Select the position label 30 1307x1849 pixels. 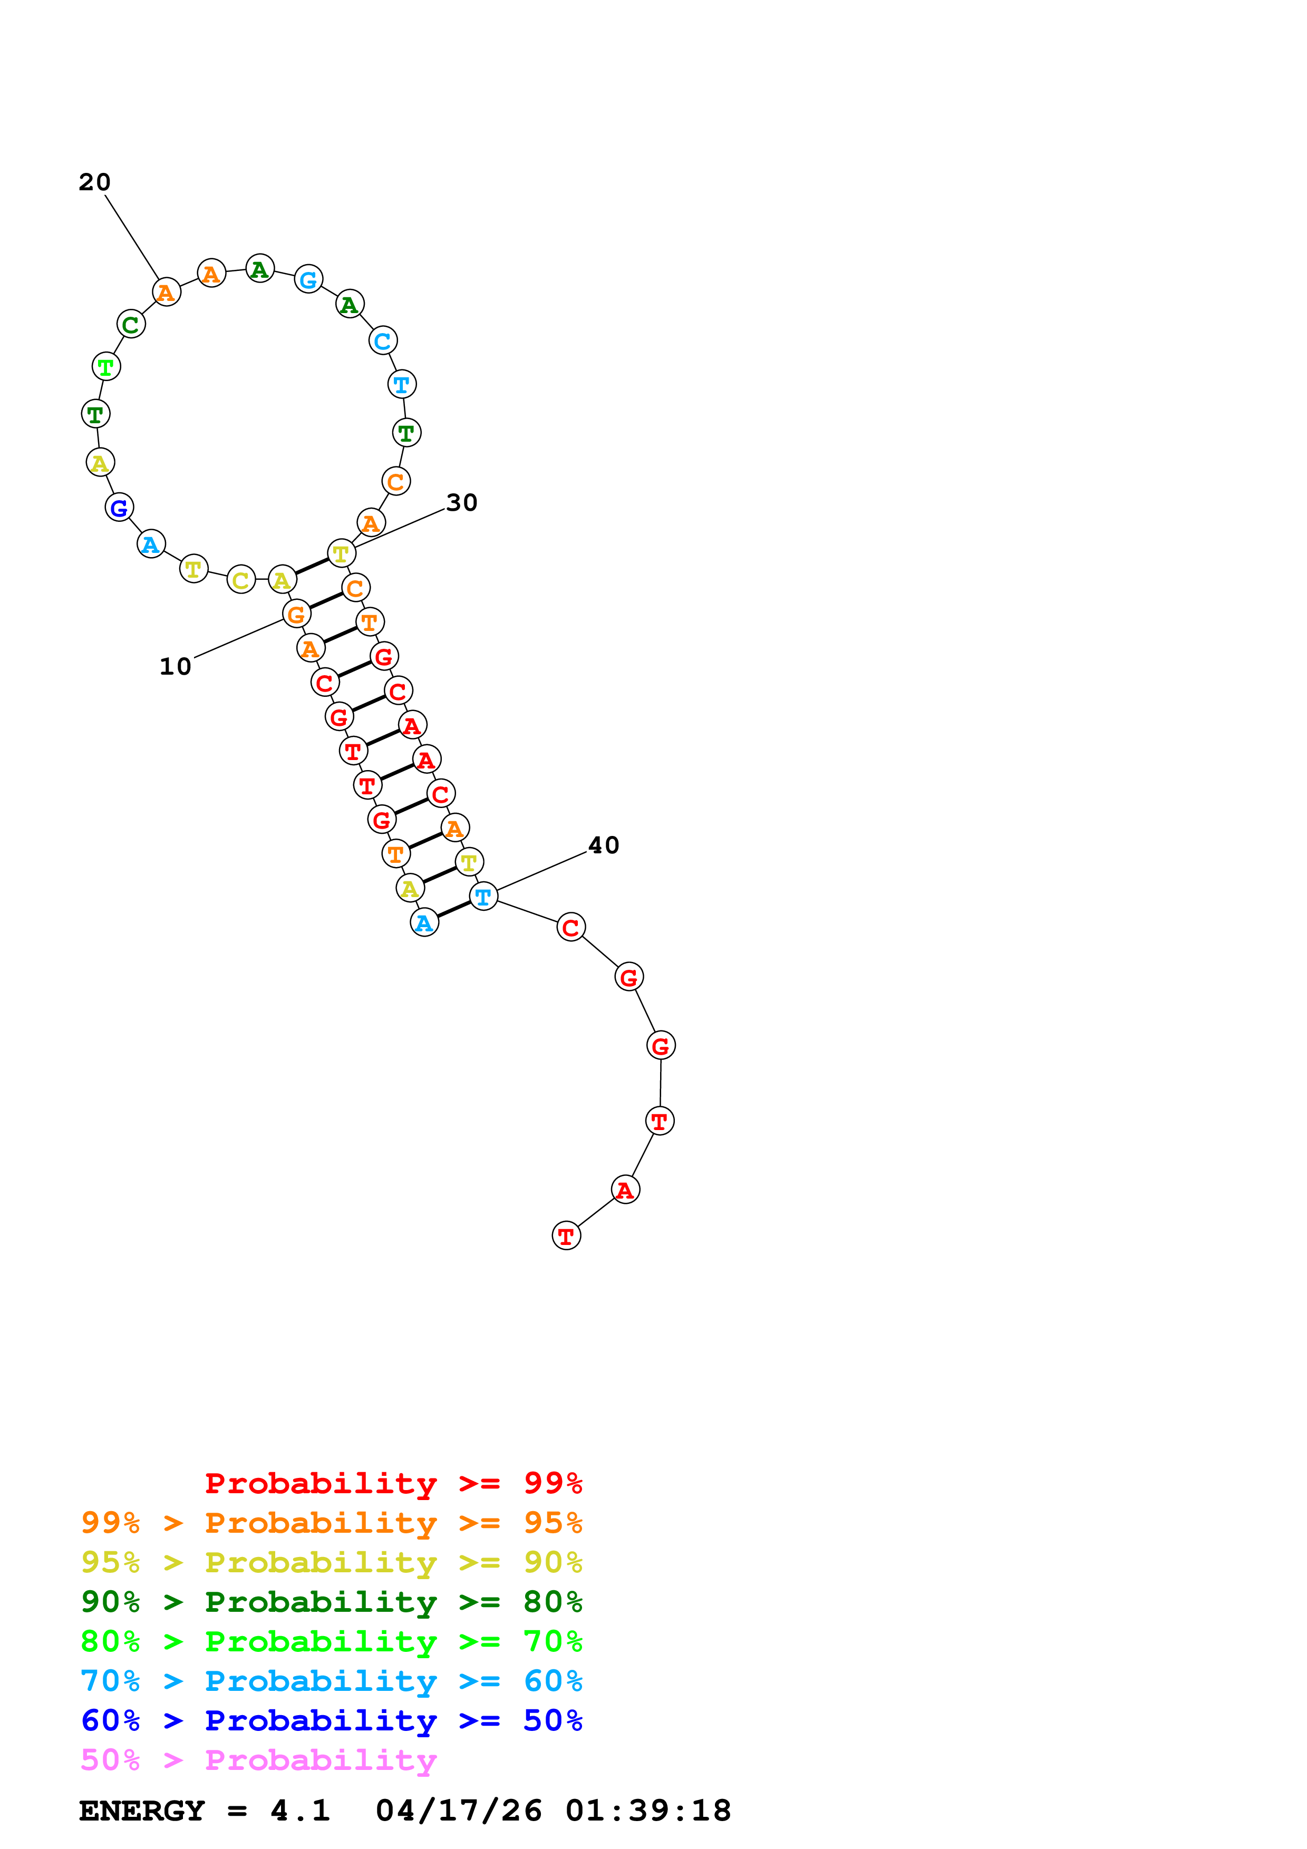click(461, 502)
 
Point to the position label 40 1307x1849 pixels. click(603, 845)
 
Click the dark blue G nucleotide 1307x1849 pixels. click(119, 508)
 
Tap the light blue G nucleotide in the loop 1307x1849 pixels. click(308, 279)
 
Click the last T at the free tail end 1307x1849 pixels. click(566, 1235)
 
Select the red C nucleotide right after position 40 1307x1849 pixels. click(571, 927)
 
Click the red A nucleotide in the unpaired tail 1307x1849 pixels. click(625, 1190)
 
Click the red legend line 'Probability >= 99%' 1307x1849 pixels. click(393, 1483)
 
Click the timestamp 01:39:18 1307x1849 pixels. click(648, 1811)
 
